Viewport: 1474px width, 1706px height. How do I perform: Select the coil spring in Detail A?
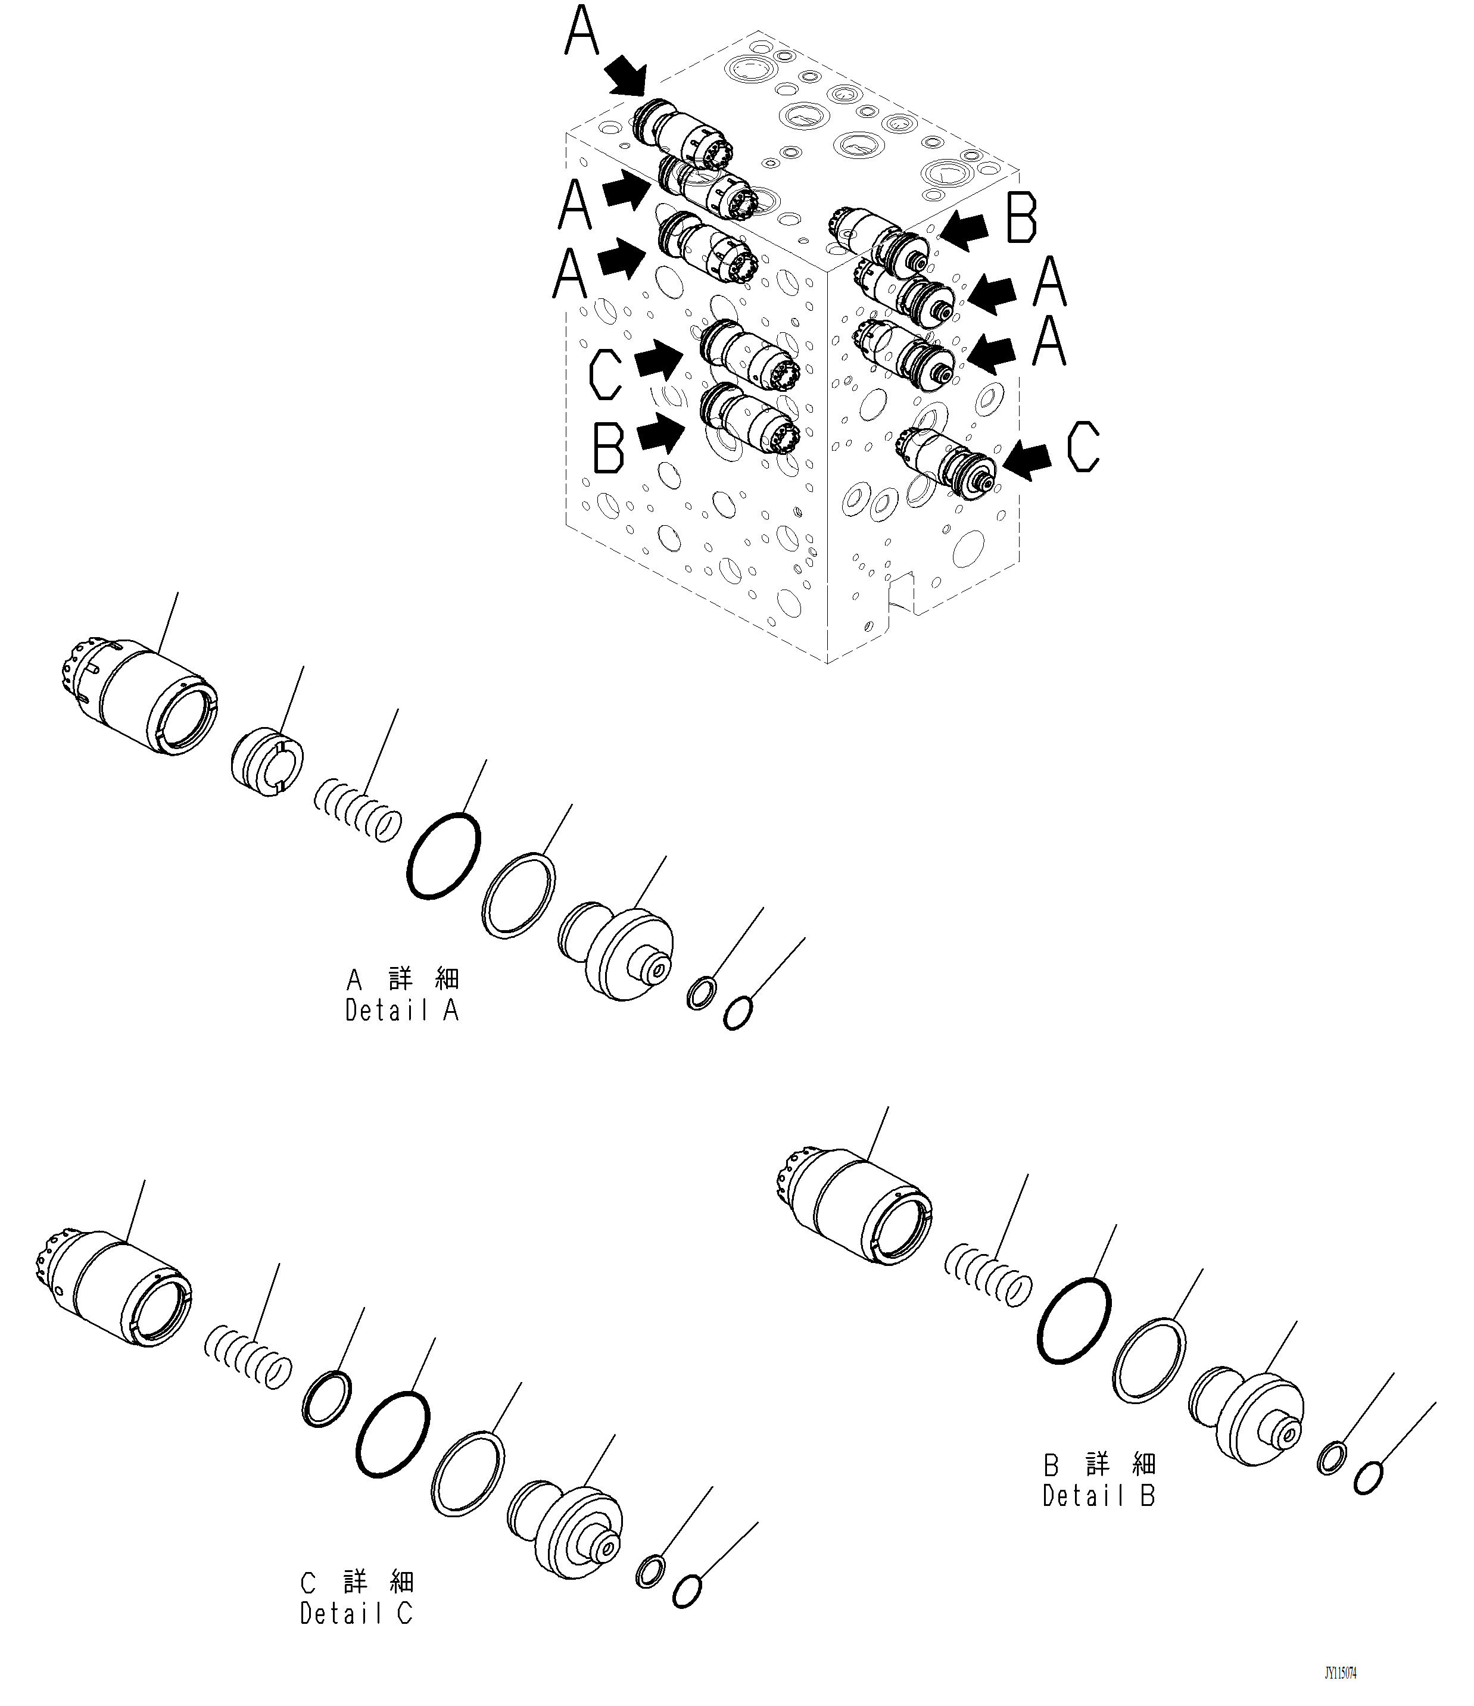click(x=357, y=810)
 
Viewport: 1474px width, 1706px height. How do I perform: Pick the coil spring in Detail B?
click(x=987, y=1284)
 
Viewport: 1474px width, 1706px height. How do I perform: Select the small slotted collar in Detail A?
click(x=266, y=761)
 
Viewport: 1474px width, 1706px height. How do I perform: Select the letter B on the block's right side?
click(x=1021, y=218)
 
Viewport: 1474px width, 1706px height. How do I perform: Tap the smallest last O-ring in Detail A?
click(x=737, y=1013)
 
